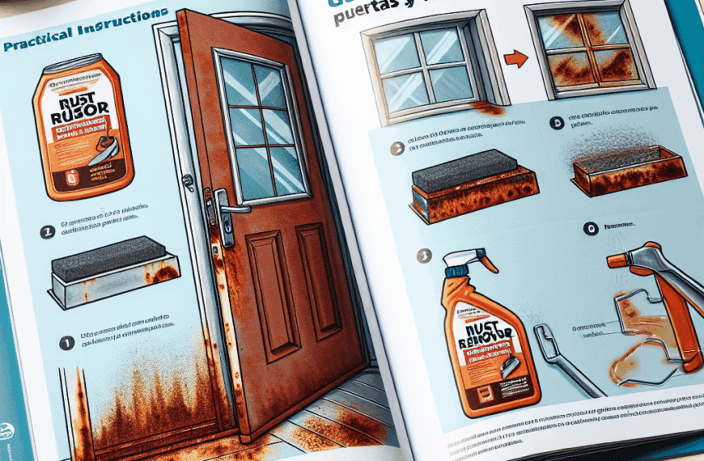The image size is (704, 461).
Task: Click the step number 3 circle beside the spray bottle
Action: pos(419,256)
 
